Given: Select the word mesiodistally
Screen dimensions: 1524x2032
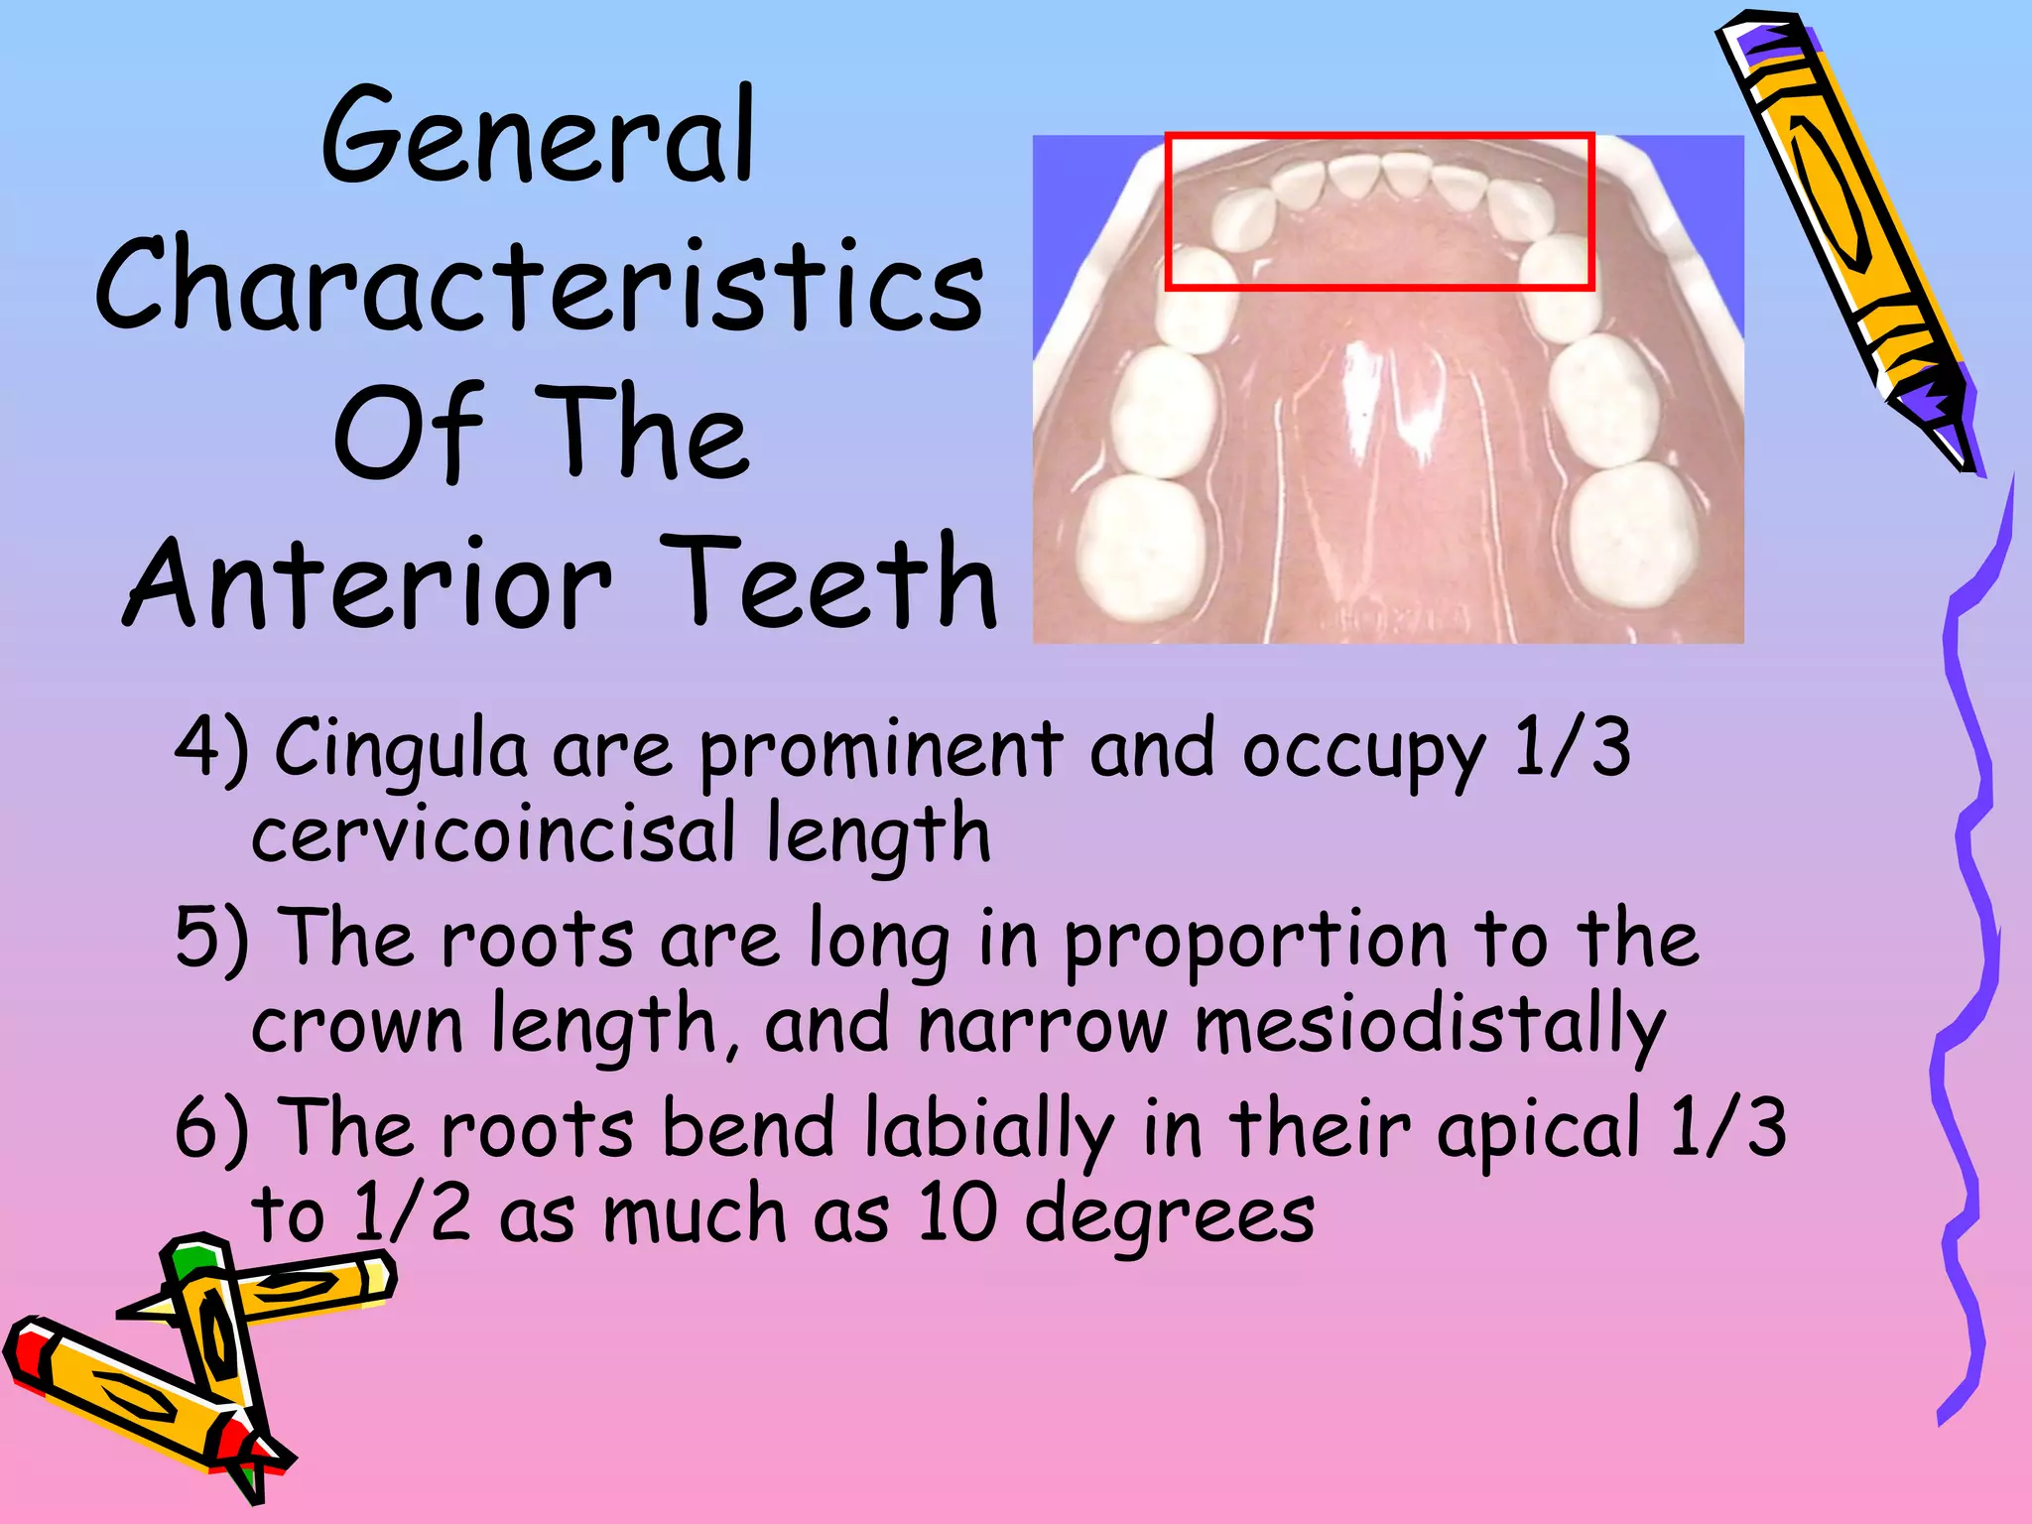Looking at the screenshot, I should (1429, 1026).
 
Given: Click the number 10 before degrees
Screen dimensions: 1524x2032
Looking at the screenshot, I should (956, 1214).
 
